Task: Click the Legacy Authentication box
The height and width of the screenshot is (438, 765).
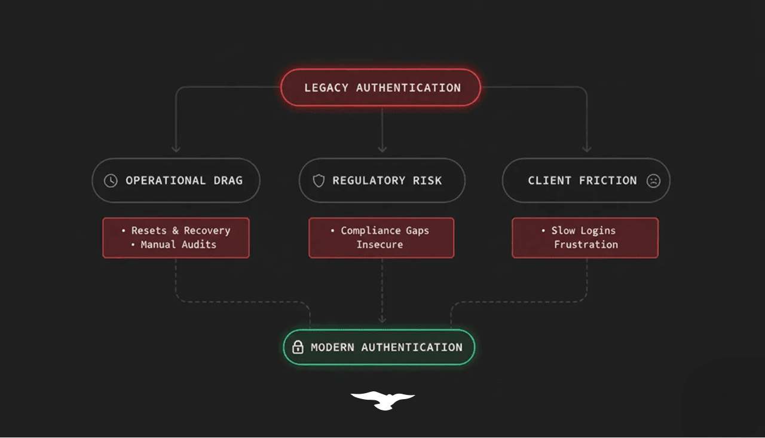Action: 381,87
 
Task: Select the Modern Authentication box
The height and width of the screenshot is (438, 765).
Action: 379,347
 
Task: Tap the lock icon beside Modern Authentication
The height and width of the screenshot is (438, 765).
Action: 298,347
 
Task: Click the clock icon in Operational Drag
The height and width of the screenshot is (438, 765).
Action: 111,181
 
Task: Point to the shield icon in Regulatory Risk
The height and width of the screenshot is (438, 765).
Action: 319,181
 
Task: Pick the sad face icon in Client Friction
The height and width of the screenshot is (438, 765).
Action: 653,181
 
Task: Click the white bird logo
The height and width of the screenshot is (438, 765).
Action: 382,400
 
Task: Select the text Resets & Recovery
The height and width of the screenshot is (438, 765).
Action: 180,230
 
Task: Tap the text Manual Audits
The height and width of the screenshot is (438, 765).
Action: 178,244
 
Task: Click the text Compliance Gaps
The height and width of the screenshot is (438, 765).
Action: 384,230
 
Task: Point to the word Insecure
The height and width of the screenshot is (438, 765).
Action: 380,244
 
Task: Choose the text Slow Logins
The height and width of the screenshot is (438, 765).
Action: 583,230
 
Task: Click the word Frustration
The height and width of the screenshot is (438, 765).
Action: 586,244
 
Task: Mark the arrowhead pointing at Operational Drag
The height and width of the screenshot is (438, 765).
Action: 176,148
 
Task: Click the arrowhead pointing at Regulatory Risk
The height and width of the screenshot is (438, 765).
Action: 382,148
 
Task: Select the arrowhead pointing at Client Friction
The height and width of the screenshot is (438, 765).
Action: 586,148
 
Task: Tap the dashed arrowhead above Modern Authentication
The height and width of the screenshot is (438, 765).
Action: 382,320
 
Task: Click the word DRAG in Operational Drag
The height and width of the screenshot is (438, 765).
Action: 228,181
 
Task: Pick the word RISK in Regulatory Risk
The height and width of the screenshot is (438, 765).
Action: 427,181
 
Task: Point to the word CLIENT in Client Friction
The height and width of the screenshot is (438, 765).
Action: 549,181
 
